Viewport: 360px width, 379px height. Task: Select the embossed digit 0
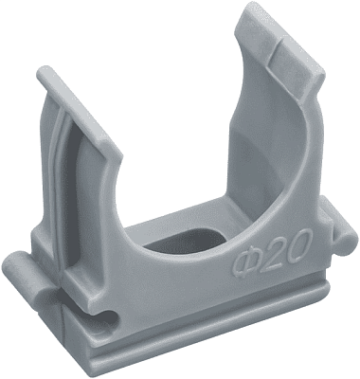click(x=299, y=243)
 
